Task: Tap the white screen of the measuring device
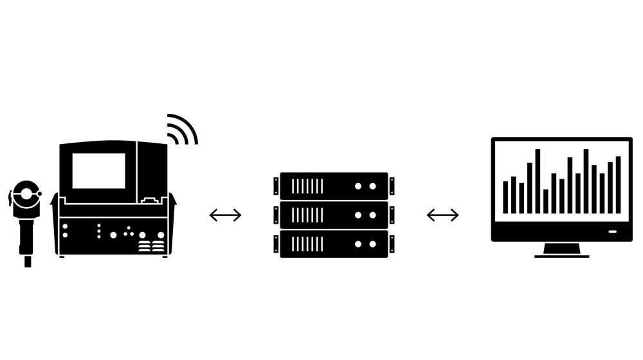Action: [x=98, y=170]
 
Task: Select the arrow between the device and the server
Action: [x=226, y=215]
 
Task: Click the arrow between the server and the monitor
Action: [x=443, y=215]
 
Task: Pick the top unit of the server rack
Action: [x=334, y=186]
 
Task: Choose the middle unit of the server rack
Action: [x=334, y=215]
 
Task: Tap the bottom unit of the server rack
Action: [x=334, y=244]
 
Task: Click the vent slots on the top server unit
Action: [x=307, y=186]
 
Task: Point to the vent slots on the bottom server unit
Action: [x=307, y=244]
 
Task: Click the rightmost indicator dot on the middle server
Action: [x=373, y=215]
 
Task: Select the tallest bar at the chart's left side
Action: [x=538, y=181]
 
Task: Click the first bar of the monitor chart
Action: [x=505, y=197]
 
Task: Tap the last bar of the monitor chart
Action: [x=619, y=184]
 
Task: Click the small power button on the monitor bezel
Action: [x=613, y=231]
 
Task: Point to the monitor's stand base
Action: [x=561, y=256]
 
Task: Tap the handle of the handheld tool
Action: [x=27, y=235]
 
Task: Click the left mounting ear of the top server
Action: [x=276, y=186]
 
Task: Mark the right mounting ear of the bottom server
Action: [x=392, y=244]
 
